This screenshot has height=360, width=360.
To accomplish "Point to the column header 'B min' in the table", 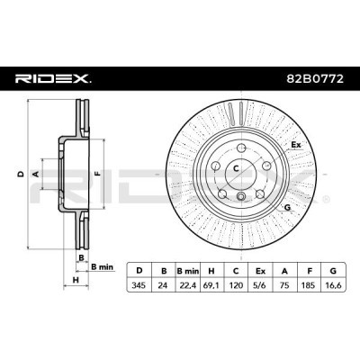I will coord(186,269).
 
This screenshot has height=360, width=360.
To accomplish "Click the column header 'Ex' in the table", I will coord(259,269).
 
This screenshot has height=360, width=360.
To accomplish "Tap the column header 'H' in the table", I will coord(211,269).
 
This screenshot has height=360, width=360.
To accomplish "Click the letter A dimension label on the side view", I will coord(36,172).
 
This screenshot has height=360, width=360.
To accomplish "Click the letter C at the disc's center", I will coord(237,167).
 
